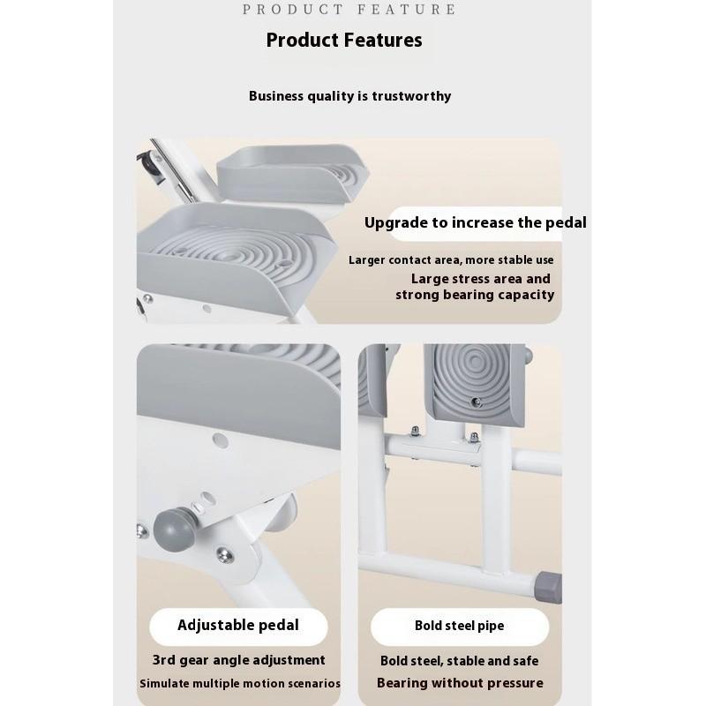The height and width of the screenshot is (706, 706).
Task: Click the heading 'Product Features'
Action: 344,40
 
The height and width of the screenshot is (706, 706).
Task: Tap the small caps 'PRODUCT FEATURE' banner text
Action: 349,10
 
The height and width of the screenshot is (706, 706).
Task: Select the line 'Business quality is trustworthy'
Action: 349,96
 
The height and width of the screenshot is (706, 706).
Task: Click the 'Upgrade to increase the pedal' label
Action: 475,222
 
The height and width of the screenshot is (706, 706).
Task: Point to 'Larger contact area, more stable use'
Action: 451,259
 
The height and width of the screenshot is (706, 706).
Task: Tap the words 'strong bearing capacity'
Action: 475,295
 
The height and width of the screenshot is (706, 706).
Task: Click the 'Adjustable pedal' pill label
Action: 238,626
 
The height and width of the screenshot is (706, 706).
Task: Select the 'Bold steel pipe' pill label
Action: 459,626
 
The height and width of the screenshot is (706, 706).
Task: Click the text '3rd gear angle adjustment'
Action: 238,660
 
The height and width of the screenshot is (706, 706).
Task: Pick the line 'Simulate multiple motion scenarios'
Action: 240,684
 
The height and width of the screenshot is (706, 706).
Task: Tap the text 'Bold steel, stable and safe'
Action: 459,661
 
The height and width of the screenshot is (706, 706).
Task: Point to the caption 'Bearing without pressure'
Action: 460,683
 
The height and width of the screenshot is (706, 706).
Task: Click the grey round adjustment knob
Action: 172,527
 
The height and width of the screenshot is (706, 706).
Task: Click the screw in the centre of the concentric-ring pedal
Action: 477,402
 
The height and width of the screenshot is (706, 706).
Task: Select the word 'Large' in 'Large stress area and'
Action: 431,279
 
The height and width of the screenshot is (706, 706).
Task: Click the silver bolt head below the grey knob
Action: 223,554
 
